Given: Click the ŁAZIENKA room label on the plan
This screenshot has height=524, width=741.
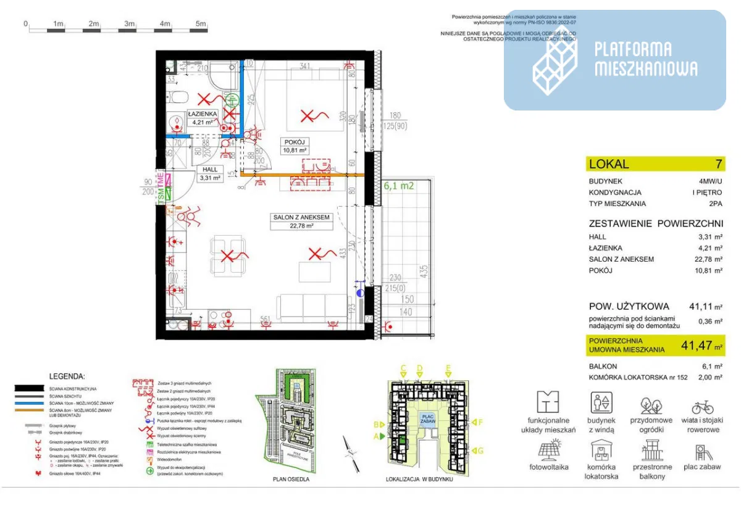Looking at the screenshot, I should click(202, 114).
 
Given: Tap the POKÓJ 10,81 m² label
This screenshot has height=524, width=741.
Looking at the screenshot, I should click(295, 146).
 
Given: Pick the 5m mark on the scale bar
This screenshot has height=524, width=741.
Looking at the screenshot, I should click(201, 23).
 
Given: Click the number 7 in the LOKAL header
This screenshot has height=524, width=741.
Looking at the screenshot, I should click(719, 164).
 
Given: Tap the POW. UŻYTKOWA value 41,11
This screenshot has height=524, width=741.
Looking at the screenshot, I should click(702, 306).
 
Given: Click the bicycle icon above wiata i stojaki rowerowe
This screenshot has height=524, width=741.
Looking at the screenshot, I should click(703, 406).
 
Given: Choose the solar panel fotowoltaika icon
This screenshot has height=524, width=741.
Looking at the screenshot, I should click(548, 450).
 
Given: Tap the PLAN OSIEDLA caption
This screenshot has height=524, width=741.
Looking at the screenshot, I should click(291, 478).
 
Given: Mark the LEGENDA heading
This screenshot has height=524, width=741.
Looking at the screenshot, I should click(67, 376).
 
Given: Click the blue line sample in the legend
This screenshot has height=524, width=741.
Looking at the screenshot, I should click(29, 402).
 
